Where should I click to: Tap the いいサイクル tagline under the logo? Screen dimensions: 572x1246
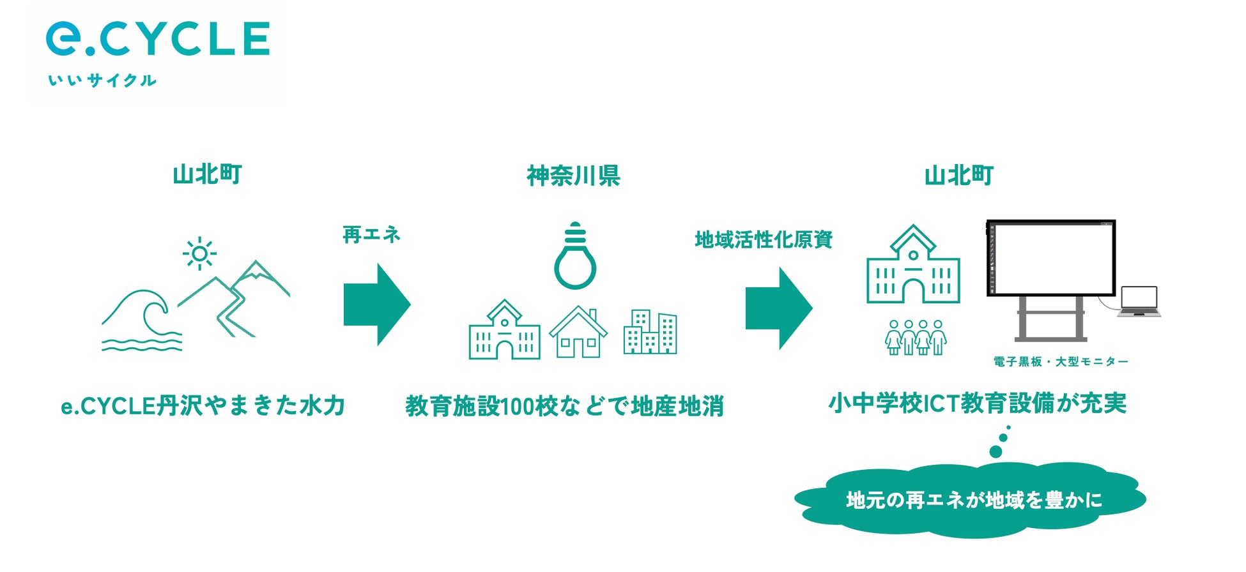click(102, 80)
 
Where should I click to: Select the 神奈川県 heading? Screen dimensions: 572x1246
click(573, 176)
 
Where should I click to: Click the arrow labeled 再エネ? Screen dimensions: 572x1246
click(376, 305)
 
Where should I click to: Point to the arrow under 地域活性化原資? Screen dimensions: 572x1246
click(778, 308)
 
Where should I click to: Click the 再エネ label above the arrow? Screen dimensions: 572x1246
click(371, 235)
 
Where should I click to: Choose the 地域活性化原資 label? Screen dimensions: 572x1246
click(764, 239)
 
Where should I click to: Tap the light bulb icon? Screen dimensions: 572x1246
click(575, 257)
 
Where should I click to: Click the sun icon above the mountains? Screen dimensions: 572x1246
click(199, 253)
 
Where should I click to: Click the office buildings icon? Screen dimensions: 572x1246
click(650, 332)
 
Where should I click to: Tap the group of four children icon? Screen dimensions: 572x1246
click(916, 337)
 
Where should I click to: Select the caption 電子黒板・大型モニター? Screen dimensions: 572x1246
click(1061, 362)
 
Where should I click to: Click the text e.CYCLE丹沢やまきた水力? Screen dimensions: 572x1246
click(203, 406)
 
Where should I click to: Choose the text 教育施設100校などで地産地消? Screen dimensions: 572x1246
click(564, 406)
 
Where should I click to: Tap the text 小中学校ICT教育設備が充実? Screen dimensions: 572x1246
click(977, 403)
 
